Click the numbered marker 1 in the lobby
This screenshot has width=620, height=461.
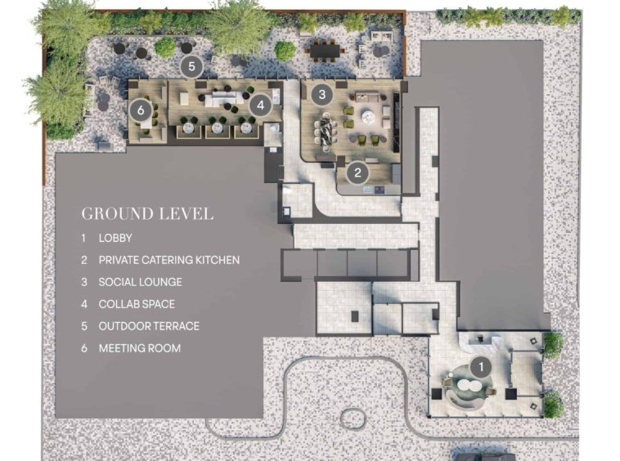481,367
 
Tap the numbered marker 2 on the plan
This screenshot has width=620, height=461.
357,172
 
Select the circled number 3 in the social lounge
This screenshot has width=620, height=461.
322,95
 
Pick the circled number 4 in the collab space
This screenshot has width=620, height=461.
260,105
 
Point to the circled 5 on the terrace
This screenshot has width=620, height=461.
191,66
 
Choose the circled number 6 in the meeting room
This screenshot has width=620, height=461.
141,110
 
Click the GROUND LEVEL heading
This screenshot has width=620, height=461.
147,213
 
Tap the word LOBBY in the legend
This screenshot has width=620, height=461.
115,238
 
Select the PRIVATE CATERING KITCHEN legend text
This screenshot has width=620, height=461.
169,260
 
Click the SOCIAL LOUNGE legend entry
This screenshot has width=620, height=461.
141,282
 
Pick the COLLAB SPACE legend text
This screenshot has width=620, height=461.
137,304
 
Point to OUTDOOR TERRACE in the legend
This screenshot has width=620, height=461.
149,326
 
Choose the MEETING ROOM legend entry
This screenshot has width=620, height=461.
140,348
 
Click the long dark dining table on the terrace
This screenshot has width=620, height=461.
326,51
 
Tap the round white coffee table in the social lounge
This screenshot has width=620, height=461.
369,115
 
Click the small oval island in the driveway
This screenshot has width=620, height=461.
352,418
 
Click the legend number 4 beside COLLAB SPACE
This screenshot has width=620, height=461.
83,304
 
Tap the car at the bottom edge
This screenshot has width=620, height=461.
484,455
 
